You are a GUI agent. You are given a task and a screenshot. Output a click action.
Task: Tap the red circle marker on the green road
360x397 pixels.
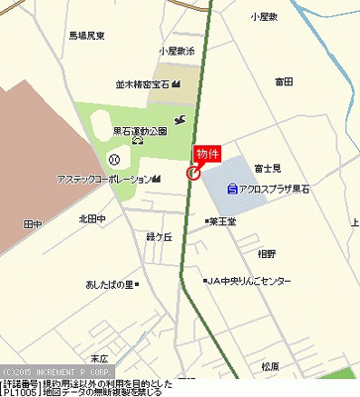[x=192, y=173]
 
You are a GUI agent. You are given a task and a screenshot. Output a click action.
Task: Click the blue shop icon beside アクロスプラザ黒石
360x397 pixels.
[x=232, y=188]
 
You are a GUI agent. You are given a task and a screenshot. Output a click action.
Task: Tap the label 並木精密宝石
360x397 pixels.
[x=142, y=85]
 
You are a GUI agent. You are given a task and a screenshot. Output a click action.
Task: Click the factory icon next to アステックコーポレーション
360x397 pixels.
[x=156, y=179]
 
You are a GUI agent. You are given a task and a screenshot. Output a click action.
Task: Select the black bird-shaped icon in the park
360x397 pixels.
[x=179, y=120]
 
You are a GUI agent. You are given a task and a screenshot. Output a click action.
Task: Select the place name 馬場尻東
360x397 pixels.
[x=87, y=36]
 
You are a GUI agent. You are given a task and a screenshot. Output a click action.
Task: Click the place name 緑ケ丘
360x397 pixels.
[x=159, y=236]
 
